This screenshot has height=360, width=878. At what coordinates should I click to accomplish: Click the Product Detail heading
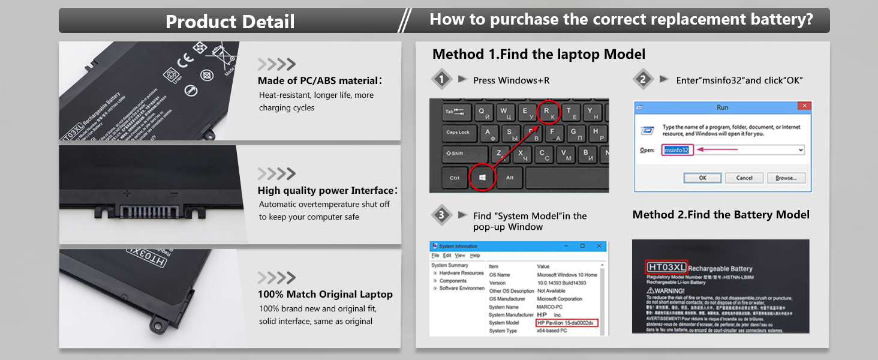230,22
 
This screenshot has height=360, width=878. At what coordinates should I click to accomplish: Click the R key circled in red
546,112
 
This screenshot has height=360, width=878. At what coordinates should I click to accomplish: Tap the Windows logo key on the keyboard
483,177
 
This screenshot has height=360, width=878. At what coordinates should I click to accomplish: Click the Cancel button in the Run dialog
744,178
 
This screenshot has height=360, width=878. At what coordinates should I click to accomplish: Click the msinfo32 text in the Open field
678,150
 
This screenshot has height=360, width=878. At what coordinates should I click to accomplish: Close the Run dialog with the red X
804,106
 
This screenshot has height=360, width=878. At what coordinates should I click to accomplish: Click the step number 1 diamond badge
442,80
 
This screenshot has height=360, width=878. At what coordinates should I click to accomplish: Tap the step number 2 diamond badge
643,80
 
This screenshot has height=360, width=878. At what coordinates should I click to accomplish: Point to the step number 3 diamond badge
442,215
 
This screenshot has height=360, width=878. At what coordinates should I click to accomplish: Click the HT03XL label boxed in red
666,267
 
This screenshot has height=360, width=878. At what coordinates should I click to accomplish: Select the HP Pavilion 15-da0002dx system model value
567,323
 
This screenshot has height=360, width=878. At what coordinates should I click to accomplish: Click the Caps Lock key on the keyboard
458,133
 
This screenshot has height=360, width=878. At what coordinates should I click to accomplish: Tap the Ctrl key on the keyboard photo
455,178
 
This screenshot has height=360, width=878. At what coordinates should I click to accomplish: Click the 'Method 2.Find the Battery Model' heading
721,215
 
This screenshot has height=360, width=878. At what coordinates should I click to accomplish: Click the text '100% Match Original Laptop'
325,295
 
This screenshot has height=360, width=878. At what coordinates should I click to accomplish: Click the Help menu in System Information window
475,256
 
